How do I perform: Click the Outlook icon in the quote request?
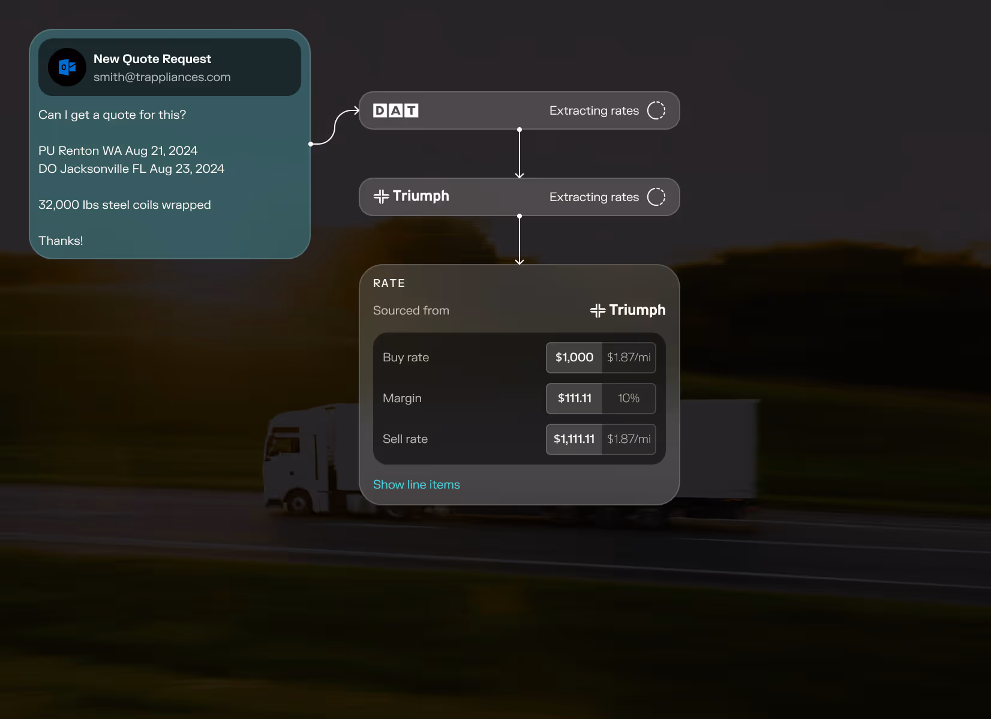pos(67,67)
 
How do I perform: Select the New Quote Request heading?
pos(152,59)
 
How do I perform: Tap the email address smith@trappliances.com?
pos(162,77)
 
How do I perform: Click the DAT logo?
pos(395,110)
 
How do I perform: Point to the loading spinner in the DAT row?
pos(656,110)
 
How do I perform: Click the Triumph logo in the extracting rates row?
pos(412,196)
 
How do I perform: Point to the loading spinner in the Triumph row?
pos(656,197)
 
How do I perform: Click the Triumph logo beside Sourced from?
pos(627,310)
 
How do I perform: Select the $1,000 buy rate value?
pos(574,358)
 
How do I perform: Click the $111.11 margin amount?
pos(574,399)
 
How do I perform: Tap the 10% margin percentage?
pos(629,399)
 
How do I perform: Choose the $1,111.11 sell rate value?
pos(574,439)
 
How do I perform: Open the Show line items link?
pos(416,484)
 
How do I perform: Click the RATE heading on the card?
pos(389,283)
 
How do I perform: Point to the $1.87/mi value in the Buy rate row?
pos(629,358)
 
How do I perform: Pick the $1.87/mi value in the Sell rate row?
pos(629,439)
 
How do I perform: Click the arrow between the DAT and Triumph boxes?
pos(519,154)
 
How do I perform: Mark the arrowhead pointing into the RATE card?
pos(519,261)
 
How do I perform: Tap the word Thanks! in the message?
pos(61,241)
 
